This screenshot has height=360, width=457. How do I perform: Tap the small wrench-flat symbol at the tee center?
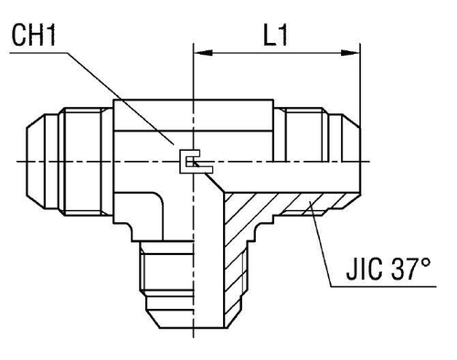pos(191,162)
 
